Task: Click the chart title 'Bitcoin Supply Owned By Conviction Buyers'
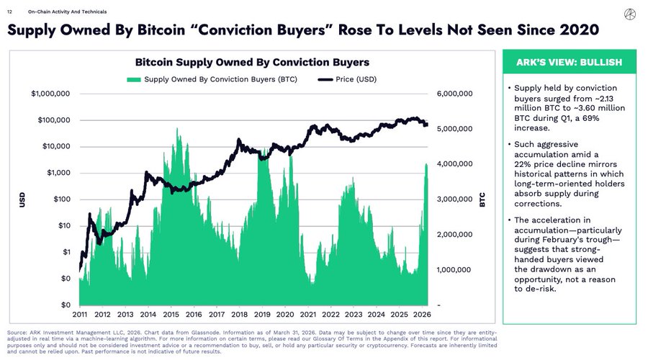click(252, 62)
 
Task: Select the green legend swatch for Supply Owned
click(134, 79)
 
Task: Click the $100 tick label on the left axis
click(60, 199)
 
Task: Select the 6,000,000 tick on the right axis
click(454, 94)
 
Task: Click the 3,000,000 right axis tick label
click(454, 199)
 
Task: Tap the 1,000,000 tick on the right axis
click(454, 269)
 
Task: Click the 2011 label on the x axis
click(80, 315)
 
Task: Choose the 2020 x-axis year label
click(285, 315)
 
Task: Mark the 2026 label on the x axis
click(422, 315)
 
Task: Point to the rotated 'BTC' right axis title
click(483, 199)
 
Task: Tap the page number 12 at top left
click(9, 12)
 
